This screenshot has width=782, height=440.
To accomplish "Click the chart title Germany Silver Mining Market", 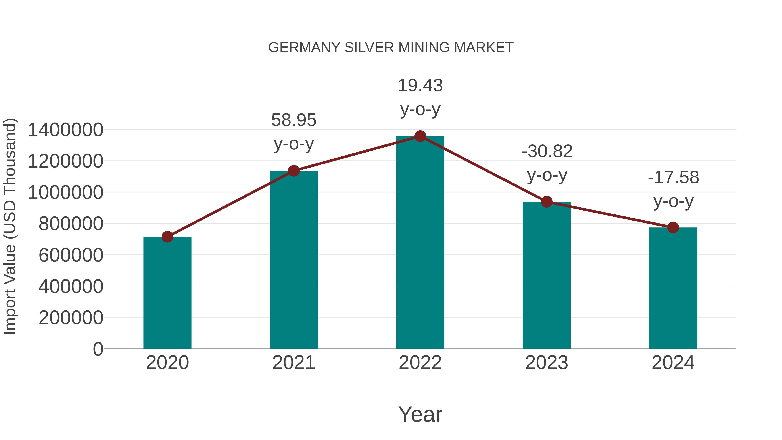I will [391, 48].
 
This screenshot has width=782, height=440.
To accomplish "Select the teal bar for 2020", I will [167, 293].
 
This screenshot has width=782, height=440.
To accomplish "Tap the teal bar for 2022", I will [420, 243].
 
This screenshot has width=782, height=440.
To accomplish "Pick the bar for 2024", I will [673, 289].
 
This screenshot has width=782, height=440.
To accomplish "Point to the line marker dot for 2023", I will [547, 202].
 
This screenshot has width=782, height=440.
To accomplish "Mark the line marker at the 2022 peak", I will [420, 136].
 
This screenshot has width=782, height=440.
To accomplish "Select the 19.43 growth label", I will [420, 97].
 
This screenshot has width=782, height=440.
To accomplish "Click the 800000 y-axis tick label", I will [71, 224].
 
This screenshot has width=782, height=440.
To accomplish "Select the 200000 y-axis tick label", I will [71, 318].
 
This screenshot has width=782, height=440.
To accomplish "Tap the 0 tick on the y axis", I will [98, 349].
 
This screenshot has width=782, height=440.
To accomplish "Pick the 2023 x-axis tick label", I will [547, 363].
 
